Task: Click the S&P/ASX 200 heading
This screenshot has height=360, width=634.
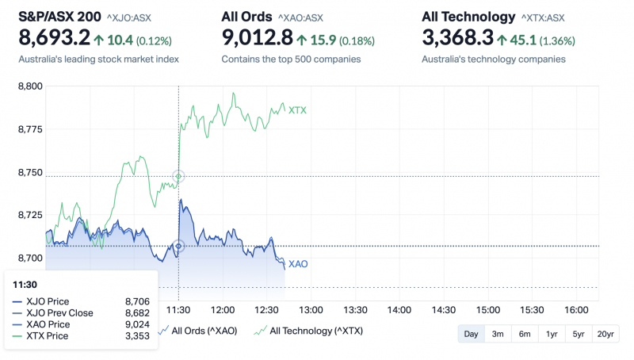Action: (60, 16)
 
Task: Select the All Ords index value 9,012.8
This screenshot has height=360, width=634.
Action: (258, 37)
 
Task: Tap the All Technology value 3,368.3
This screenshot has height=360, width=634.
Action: (458, 37)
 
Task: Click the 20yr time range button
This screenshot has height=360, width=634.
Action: (605, 334)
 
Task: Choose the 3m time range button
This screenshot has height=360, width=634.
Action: (498, 334)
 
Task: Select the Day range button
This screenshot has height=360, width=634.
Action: (471, 334)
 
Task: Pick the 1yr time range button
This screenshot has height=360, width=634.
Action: (552, 334)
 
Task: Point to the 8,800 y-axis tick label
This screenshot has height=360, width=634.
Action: (30, 86)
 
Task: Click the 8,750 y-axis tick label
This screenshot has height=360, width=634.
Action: (30, 172)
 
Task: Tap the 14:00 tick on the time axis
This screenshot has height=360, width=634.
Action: (399, 309)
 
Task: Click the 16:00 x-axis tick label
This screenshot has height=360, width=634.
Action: (575, 309)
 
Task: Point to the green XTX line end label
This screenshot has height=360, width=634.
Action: (297, 110)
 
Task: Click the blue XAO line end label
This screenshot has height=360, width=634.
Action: (298, 264)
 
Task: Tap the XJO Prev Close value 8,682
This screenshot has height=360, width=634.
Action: (137, 313)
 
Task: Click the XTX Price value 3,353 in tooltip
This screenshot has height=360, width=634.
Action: (137, 336)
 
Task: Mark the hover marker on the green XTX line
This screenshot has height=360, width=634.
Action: (178, 176)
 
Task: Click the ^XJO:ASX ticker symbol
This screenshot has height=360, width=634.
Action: (130, 17)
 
